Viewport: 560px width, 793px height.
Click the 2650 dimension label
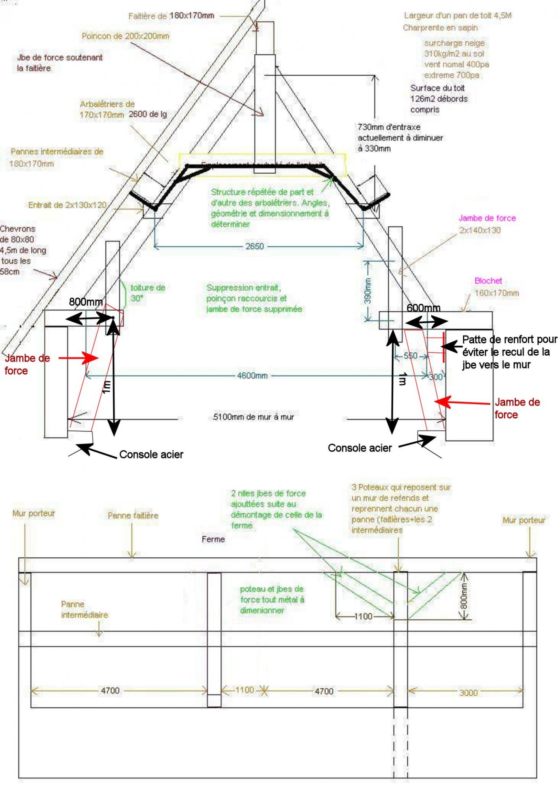[x=254, y=246]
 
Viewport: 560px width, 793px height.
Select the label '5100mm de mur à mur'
[x=253, y=417]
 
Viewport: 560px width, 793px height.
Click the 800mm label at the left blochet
[x=86, y=302]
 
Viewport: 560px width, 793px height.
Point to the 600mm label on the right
[x=423, y=308]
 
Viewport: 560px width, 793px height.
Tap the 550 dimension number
[x=410, y=356]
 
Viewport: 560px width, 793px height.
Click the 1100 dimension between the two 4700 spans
[x=244, y=690]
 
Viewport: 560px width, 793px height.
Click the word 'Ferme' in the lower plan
[x=213, y=539]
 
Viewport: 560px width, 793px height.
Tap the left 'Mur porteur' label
[x=34, y=513]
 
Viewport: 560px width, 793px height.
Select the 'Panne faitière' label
[x=133, y=515]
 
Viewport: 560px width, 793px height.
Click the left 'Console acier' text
[x=151, y=454]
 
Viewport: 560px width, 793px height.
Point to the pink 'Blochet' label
[x=488, y=281]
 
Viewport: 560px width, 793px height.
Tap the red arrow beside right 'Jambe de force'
[x=463, y=403]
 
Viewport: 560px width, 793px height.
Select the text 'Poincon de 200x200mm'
[x=126, y=36]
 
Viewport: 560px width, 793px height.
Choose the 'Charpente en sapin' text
[x=440, y=28]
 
